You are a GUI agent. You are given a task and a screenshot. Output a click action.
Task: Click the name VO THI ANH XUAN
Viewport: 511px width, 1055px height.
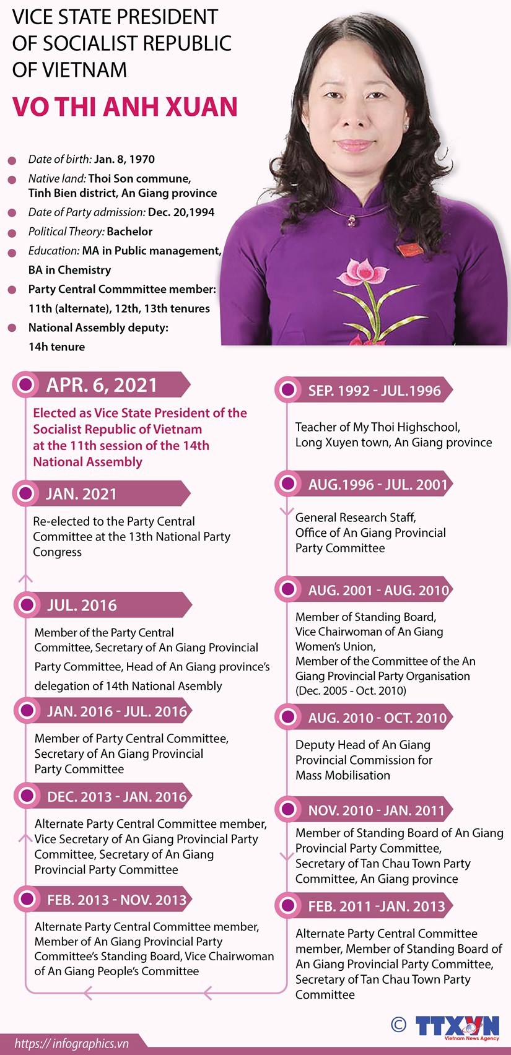pos(125,106)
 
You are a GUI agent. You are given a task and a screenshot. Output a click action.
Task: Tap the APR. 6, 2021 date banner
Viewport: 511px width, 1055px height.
pos(102,385)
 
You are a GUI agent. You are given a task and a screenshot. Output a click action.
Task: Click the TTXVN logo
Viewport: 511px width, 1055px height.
pos(457,1025)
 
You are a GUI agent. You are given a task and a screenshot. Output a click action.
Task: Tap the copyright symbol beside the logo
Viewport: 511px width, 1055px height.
pos(399,1025)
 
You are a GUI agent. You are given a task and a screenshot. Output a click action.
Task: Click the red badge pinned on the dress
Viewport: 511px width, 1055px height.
pos(409,250)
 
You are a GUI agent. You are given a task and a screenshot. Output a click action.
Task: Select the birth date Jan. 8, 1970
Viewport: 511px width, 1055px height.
pos(124,159)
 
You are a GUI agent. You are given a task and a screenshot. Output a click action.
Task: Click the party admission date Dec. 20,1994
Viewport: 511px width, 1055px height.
pos(181,212)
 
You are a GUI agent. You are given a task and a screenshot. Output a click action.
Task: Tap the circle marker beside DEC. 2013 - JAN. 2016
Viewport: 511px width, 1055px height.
pos(26,796)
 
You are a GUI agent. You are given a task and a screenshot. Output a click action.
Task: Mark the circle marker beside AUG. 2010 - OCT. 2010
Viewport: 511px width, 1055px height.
pos(287,717)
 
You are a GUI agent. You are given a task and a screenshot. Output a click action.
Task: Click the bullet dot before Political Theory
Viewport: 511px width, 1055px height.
pos(12,233)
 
